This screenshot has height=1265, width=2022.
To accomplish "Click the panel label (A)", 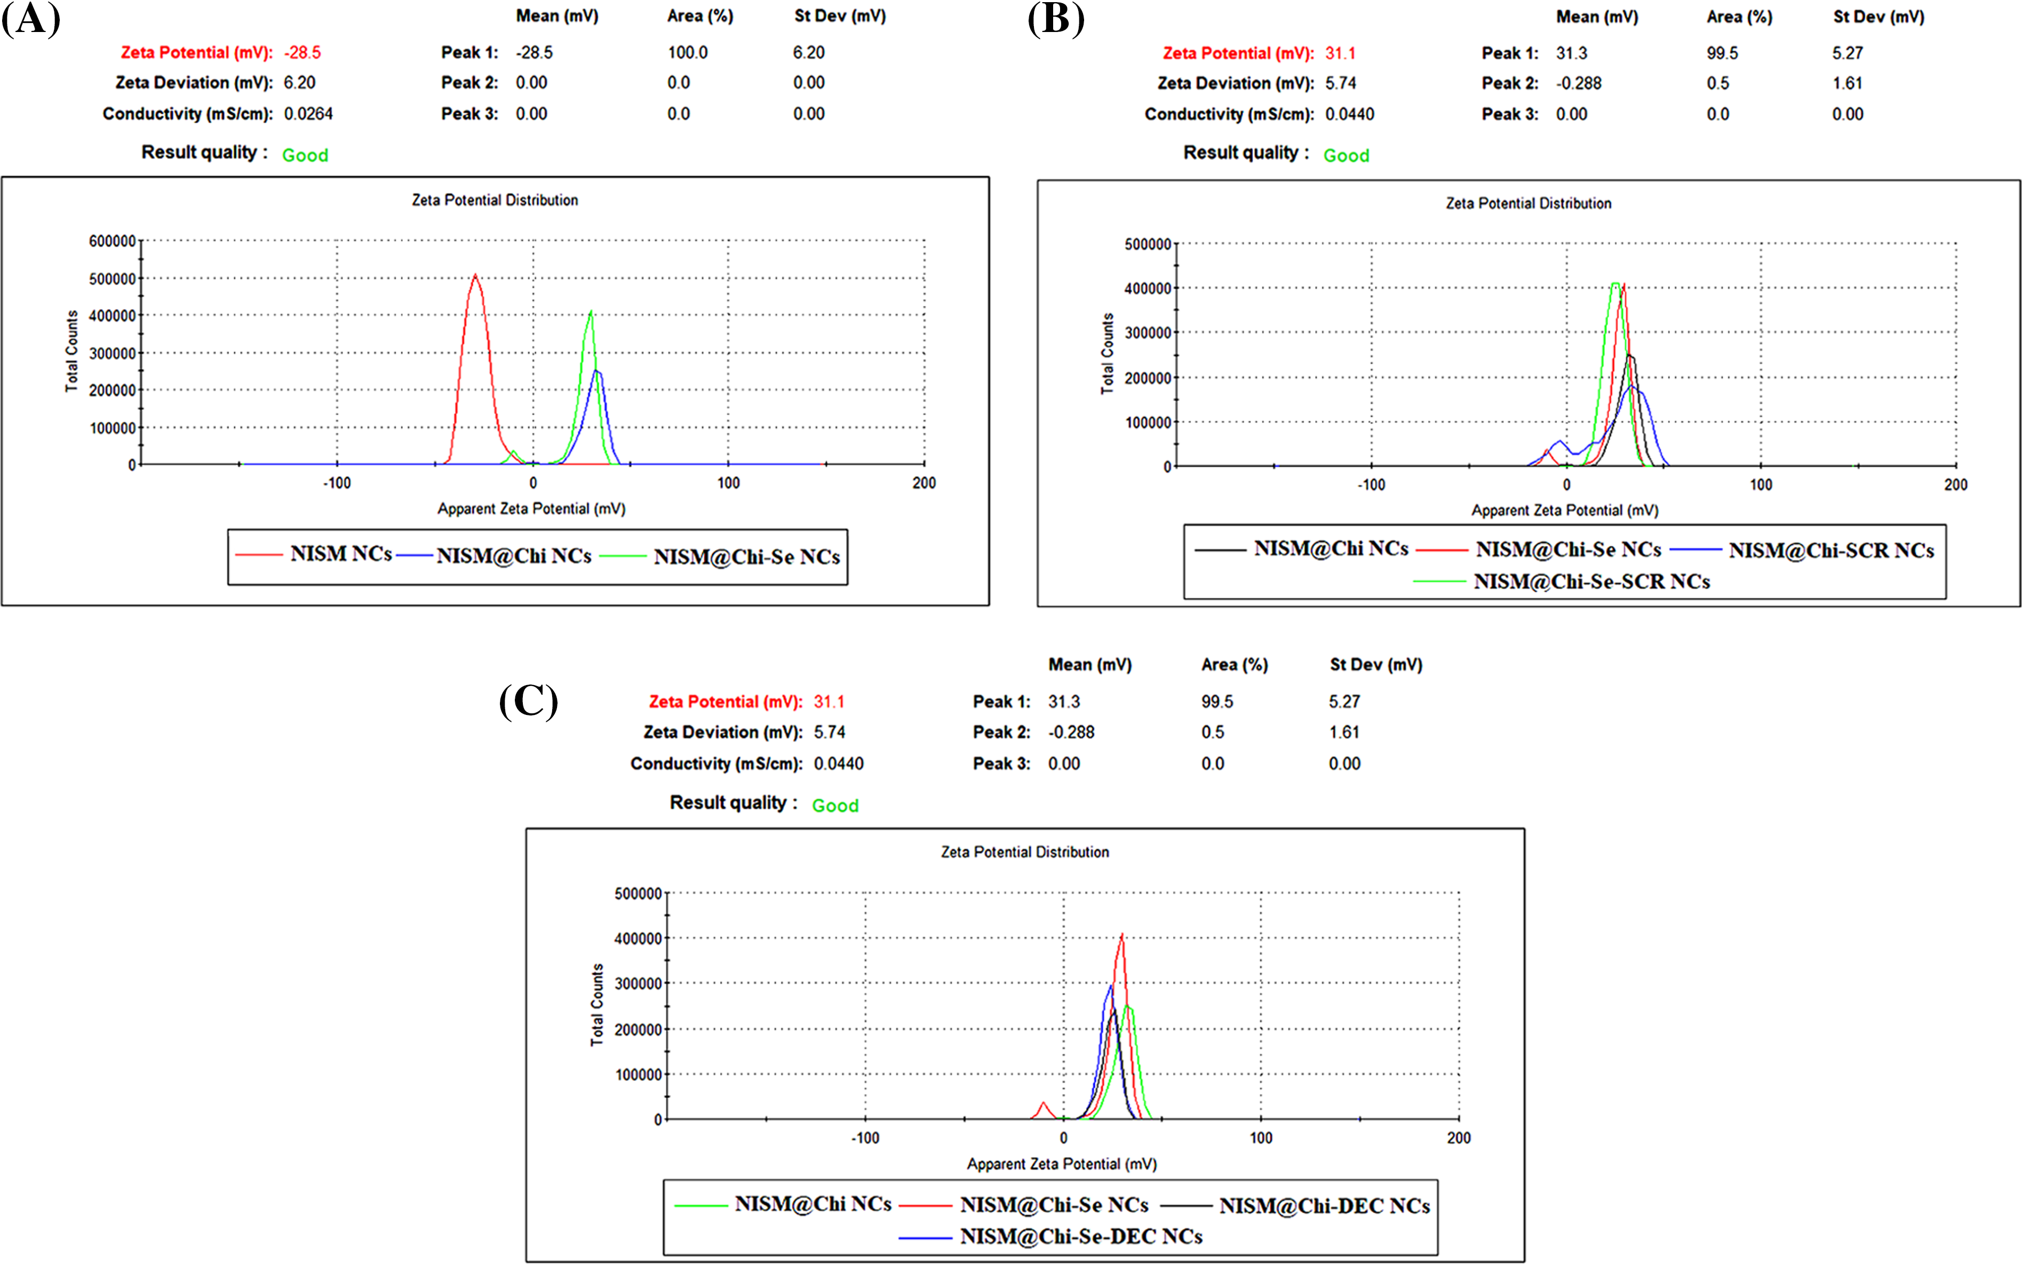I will [x=31, y=18].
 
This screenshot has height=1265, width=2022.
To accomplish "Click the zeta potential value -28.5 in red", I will [x=302, y=53].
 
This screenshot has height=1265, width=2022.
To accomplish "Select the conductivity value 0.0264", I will [x=308, y=114].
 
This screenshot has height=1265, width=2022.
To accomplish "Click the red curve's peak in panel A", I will [x=475, y=275].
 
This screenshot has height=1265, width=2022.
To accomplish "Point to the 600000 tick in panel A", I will [x=112, y=241].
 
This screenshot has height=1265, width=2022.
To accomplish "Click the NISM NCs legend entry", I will [x=340, y=554].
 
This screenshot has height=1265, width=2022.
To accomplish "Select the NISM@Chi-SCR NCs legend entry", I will [x=1830, y=551].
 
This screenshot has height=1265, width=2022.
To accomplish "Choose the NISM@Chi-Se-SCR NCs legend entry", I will [x=1591, y=582].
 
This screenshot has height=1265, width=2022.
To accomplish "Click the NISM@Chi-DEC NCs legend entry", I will [x=1324, y=1206].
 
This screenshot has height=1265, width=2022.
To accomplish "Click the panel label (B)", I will [x=1056, y=18].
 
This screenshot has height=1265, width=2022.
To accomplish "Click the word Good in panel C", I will [x=835, y=806].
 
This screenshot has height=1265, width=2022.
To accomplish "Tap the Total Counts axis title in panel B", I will [x=1108, y=354].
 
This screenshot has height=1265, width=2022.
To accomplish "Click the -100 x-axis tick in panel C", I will [x=865, y=1138].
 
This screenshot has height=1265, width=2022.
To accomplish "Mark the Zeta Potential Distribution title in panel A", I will [x=495, y=201].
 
